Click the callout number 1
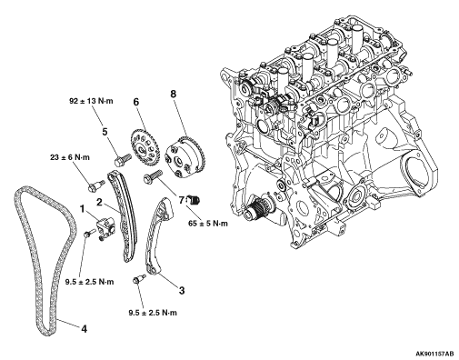click(x=82, y=209)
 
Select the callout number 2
click(x=99, y=203)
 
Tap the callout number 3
click(x=182, y=291)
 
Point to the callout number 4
click(x=84, y=329)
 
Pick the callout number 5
click(x=105, y=132)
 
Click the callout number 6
click(x=136, y=102)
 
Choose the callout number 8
click(x=173, y=94)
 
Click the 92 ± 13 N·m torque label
click(x=91, y=101)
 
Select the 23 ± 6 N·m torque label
click(x=70, y=157)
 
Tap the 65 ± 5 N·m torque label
click(x=207, y=224)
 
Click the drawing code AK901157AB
click(x=434, y=354)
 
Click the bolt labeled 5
click(x=123, y=160)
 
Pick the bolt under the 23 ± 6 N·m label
click(x=96, y=185)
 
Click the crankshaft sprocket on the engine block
click(x=255, y=209)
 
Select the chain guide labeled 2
click(x=125, y=216)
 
